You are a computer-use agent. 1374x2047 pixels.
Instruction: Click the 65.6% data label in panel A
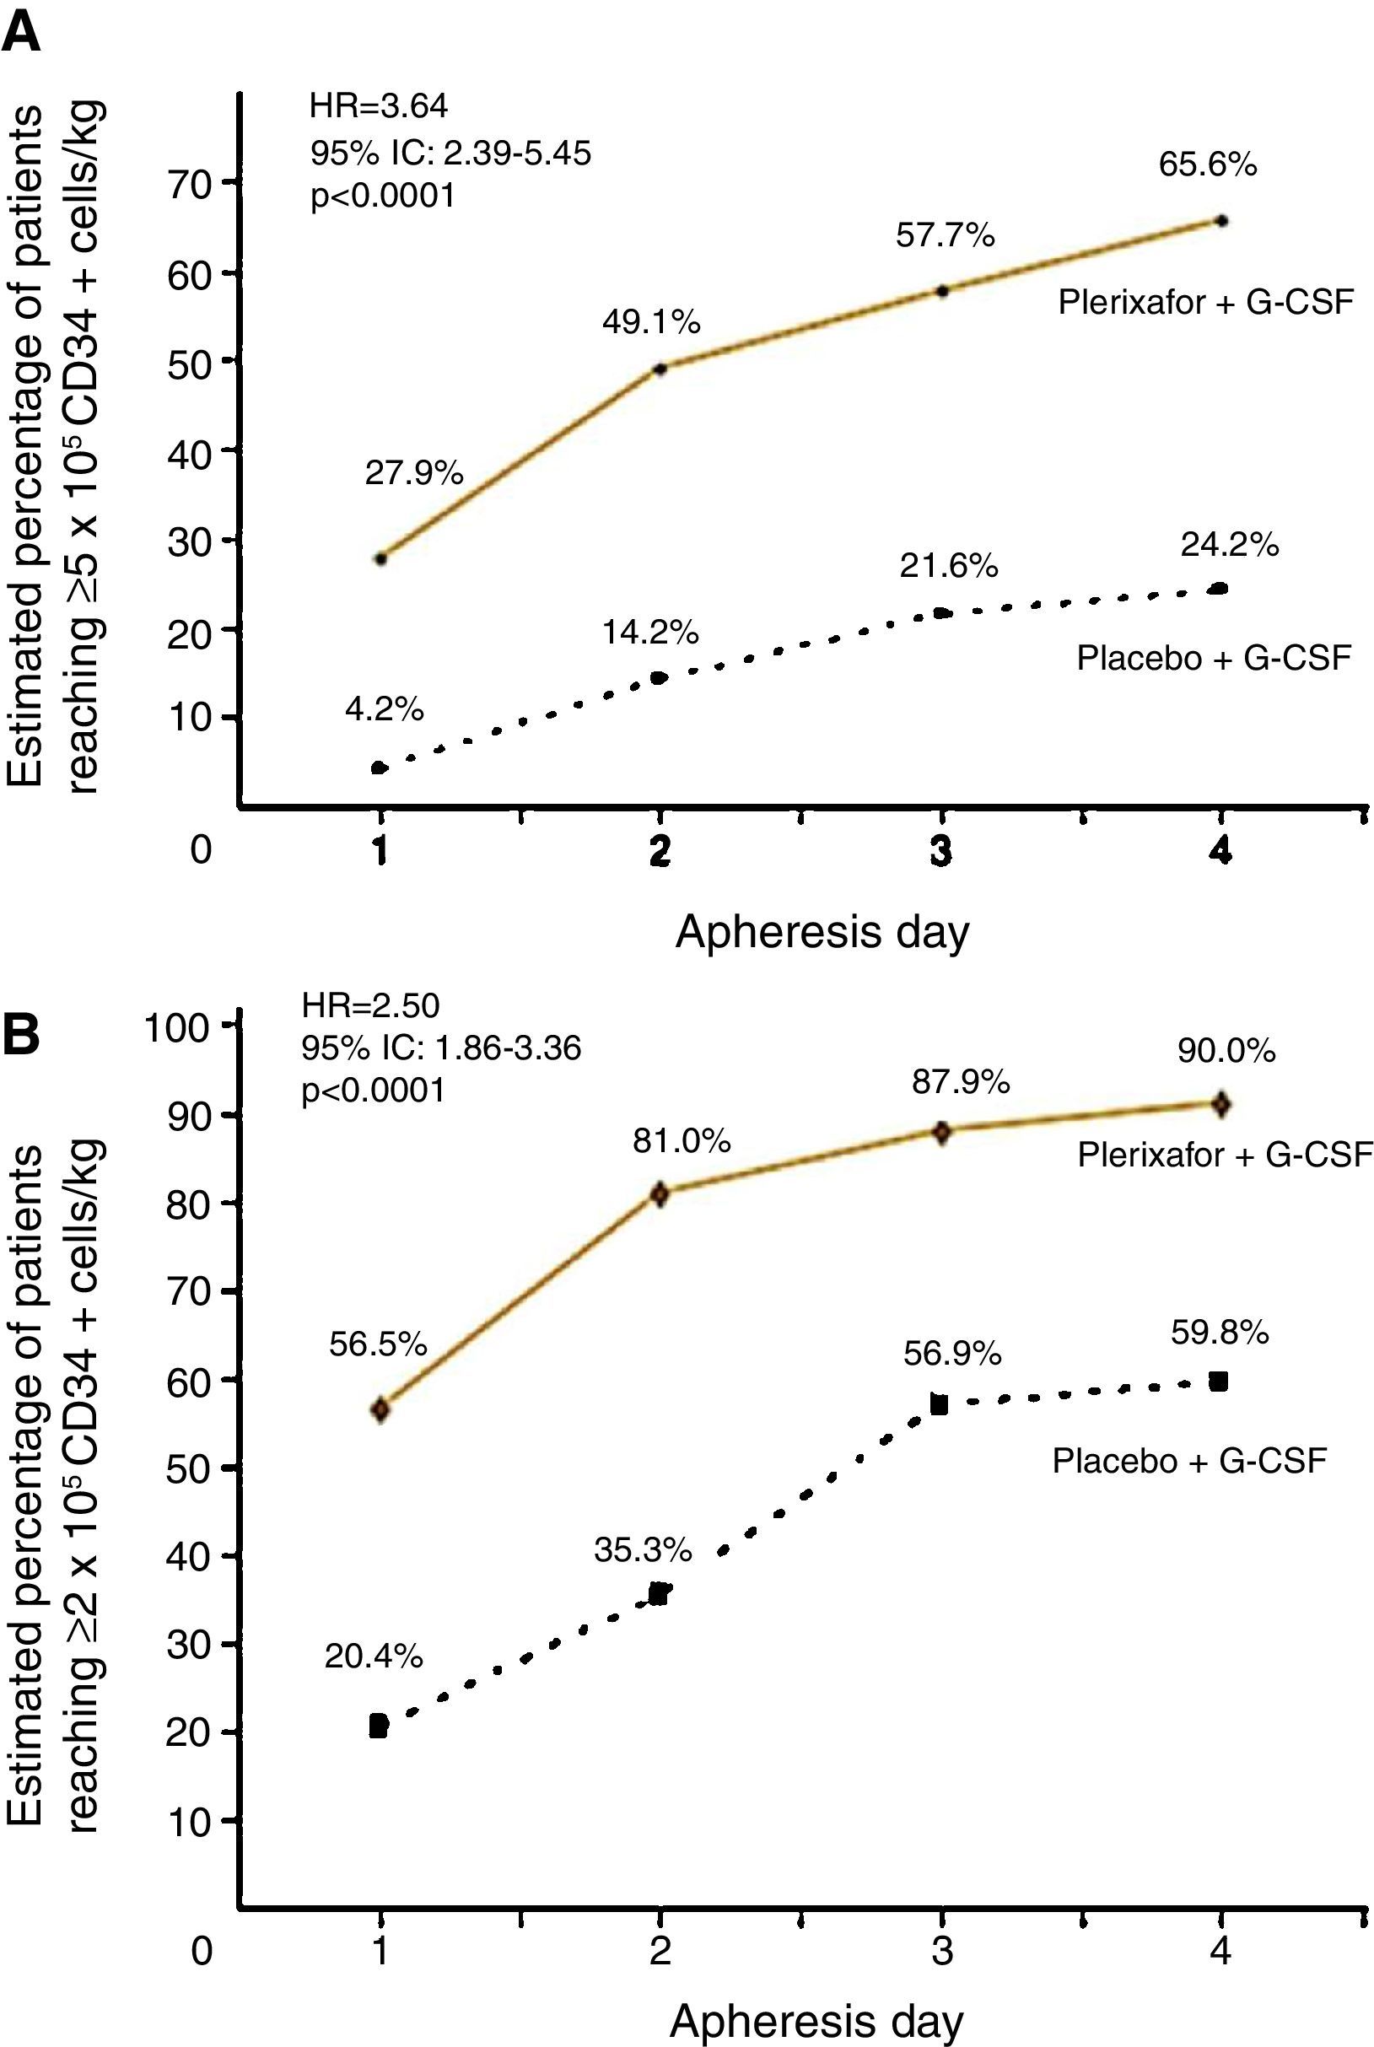1207,164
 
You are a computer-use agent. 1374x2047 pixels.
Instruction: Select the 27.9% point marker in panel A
380,558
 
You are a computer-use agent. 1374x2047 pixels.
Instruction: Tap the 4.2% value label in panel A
384,710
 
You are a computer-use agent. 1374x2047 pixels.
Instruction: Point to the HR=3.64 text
379,107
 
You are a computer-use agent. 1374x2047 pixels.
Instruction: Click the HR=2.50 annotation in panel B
370,1006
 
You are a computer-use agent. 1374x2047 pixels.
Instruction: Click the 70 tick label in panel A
190,183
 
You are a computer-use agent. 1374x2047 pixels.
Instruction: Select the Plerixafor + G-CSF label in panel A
1206,303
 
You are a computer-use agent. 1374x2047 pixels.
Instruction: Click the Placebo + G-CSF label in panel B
1189,1460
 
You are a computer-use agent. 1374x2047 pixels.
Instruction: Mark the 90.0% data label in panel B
1226,1051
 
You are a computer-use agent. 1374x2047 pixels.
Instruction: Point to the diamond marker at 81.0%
660,1193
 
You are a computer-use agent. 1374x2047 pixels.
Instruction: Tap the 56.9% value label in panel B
952,1355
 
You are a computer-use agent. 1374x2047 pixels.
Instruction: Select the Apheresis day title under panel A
822,932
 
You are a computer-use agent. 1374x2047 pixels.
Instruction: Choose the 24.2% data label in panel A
1230,546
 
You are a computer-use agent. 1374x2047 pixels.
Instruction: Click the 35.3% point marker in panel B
660,1593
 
